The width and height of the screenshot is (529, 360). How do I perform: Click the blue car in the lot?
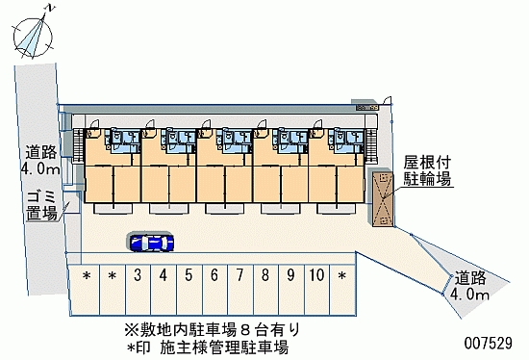coord(150,242)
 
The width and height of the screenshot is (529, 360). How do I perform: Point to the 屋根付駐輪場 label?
coord(427,170)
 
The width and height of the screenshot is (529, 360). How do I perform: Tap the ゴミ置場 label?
coord(41,204)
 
